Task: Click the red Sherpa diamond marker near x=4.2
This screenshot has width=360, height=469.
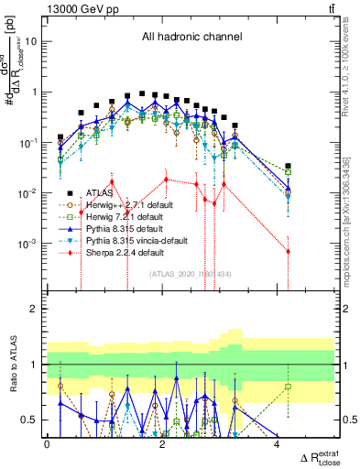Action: pyautogui.click(x=288, y=251)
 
